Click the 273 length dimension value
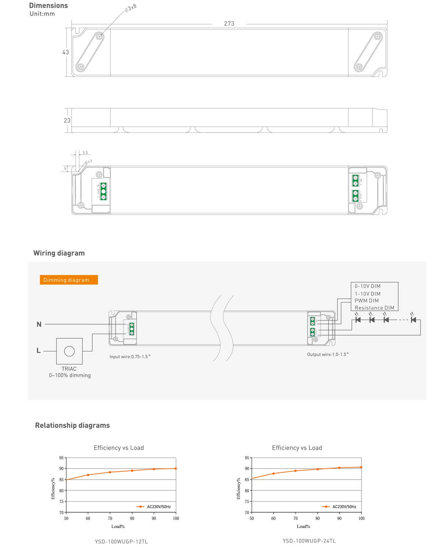[229, 24]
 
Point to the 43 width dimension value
[65, 52]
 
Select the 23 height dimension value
[67, 120]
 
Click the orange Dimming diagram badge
[69, 280]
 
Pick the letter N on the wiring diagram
[39, 324]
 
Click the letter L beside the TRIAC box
[38, 351]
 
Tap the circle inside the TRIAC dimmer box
[69, 351]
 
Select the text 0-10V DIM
[367, 286]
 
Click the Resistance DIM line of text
[374, 308]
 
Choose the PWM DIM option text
[367, 301]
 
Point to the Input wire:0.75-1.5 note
[130, 356]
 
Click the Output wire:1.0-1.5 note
[327, 354]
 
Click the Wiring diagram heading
[59, 253]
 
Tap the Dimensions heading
[48, 5]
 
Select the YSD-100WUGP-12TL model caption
[121, 541]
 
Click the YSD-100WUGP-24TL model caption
[309, 541]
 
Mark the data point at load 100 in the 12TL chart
[176, 469]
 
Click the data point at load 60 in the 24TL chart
[273, 474]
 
